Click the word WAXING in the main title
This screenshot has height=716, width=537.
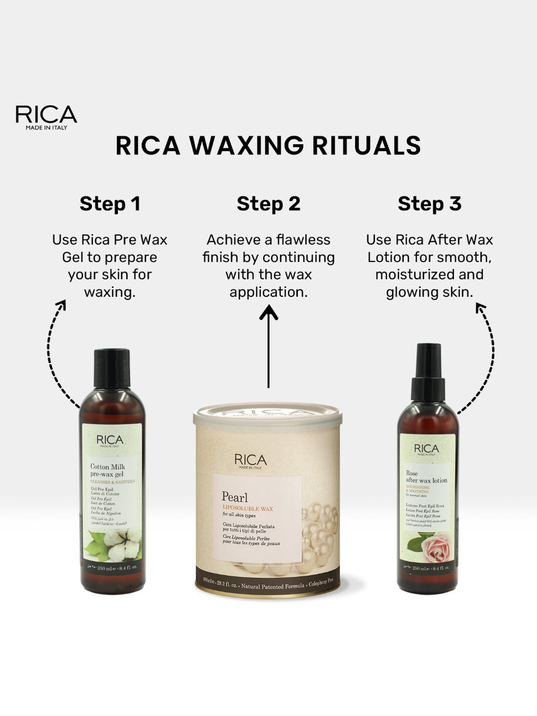(246, 146)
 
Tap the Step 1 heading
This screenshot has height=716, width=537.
(110, 204)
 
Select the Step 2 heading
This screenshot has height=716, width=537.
(268, 204)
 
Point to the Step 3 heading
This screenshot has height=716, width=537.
(429, 204)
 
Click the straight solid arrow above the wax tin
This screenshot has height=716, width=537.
(268, 345)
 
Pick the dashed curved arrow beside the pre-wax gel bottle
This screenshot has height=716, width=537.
(54, 354)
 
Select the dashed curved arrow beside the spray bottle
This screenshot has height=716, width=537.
(487, 354)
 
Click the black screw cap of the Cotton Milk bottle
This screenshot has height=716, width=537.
(112, 369)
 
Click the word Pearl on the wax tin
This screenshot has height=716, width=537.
(234, 497)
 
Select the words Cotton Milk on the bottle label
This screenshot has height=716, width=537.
(107, 466)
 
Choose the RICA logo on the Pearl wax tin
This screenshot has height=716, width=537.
(251, 461)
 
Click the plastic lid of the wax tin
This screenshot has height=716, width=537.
(268, 415)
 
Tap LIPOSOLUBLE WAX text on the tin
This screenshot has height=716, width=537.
(248, 508)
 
